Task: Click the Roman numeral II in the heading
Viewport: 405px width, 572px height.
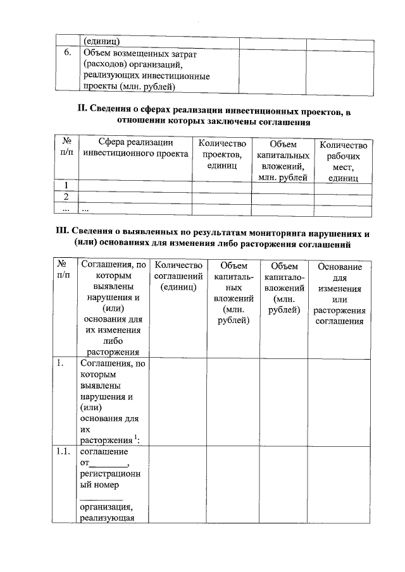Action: click(81, 112)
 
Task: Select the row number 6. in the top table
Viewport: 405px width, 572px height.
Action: click(66, 54)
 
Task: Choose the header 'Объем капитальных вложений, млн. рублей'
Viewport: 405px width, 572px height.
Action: click(283, 161)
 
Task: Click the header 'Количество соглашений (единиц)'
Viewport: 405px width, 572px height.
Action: click(178, 276)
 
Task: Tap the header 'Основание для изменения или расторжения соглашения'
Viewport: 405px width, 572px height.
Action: click(340, 294)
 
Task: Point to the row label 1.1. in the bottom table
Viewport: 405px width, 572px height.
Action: click(63, 453)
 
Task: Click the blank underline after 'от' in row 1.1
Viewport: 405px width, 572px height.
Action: click(110, 465)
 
